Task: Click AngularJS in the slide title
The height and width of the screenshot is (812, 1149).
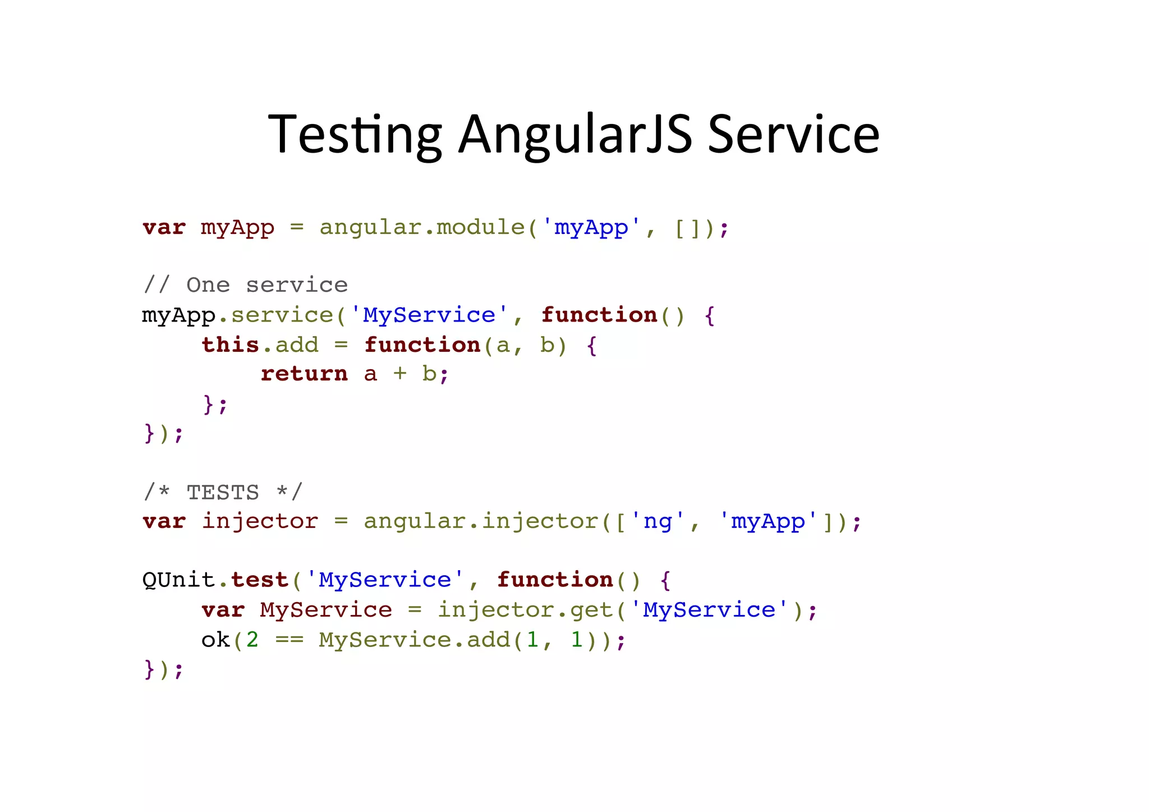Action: pyautogui.click(x=575, y=135)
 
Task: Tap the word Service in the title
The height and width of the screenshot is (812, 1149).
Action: pyautogui.click(x=793, y=135)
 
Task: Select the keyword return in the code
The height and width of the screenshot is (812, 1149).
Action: pyautogui.click(x=304, y=374)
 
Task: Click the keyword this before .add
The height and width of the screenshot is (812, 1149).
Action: pyautogui.click(x=231, y=345)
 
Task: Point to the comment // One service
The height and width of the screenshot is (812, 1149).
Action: pyautogui.click(x=245, y=285)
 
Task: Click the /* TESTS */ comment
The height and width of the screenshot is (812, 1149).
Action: pyautogui.click(x=223, y=492)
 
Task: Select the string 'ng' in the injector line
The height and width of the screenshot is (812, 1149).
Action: pyautogui.click(x=657, y=521)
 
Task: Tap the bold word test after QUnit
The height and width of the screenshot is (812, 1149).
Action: pyautogui.click(x=260, y=580)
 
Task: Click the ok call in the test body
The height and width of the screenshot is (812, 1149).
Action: pyautogui.click(x=215, y=640)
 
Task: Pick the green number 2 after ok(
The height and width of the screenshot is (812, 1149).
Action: pyautogui.click(x=252, y=640)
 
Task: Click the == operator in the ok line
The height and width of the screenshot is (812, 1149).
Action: pyautogui.click(x=289, y=640)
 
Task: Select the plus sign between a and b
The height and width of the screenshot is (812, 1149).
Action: pyautogui.click(x=399, y=374)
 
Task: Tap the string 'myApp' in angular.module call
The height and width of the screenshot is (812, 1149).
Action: pyautogui.click(x=591, y=228)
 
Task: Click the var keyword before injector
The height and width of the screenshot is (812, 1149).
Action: pyautogui.click(x=164, y=521)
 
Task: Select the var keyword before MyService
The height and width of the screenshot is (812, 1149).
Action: pyautogui.click(x=223, y=610)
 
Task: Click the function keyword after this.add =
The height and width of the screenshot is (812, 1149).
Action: pyautogui.click(x=422, y=345)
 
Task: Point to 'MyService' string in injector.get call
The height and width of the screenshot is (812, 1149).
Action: pyautogui.click(x=709, y=610)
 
